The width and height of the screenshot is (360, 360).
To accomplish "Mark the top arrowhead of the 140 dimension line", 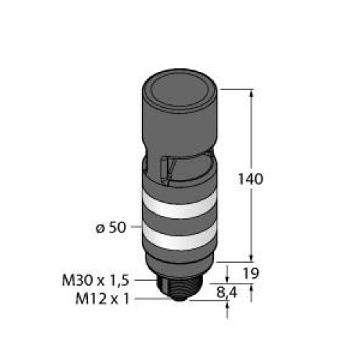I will (x=251, y=93).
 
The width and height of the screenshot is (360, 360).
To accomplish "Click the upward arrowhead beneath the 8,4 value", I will (x=229, y=307).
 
